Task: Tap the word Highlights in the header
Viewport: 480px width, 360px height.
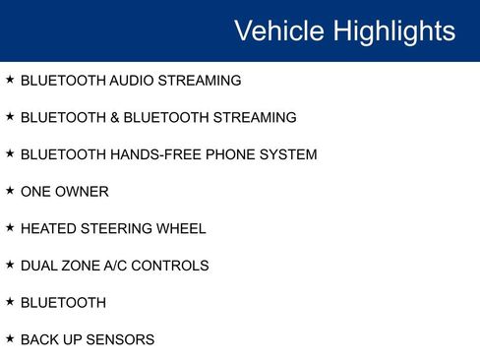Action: coord(393,30)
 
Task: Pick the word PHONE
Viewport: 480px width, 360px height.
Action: coord(227,154)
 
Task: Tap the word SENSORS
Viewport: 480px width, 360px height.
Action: coord(119,339)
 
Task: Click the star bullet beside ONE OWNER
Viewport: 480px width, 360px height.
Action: coord(10,191)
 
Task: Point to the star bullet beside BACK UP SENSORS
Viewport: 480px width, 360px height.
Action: coord(10,338)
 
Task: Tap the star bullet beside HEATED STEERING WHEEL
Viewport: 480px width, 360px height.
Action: coord(10,227)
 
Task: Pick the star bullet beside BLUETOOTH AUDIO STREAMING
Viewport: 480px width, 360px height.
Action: coord(10,80)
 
